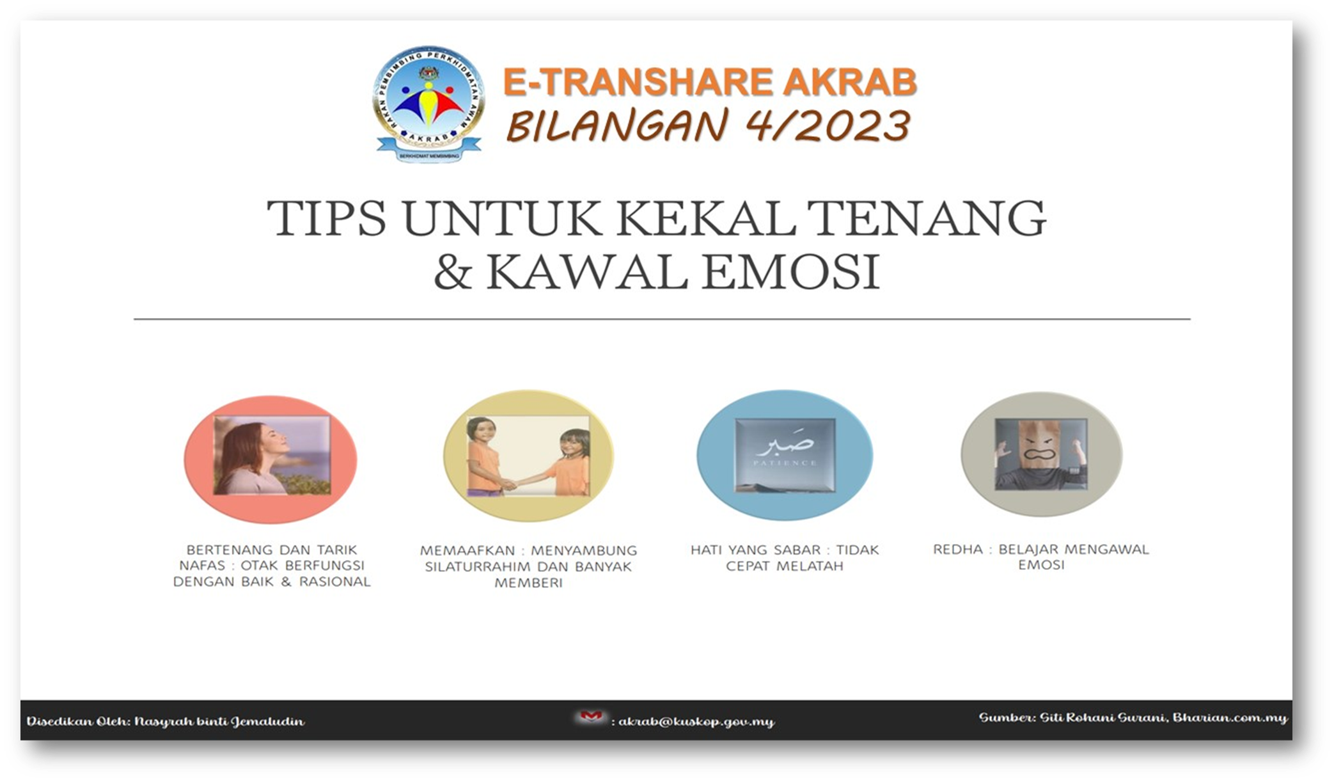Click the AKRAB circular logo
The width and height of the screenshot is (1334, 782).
[x=428, y=103]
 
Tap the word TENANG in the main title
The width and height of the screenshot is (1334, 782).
[x=927, y=218]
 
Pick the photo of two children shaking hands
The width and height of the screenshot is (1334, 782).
[x=529, y=456]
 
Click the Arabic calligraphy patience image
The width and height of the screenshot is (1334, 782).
[x=785, y=455]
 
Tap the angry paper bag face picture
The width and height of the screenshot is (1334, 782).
[x=1041, y=454]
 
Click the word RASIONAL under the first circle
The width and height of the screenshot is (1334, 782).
[x=335, y=582]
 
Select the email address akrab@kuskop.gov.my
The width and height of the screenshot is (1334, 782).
[x=696, y=721]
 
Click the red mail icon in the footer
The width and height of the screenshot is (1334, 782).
[x=590, y=717]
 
